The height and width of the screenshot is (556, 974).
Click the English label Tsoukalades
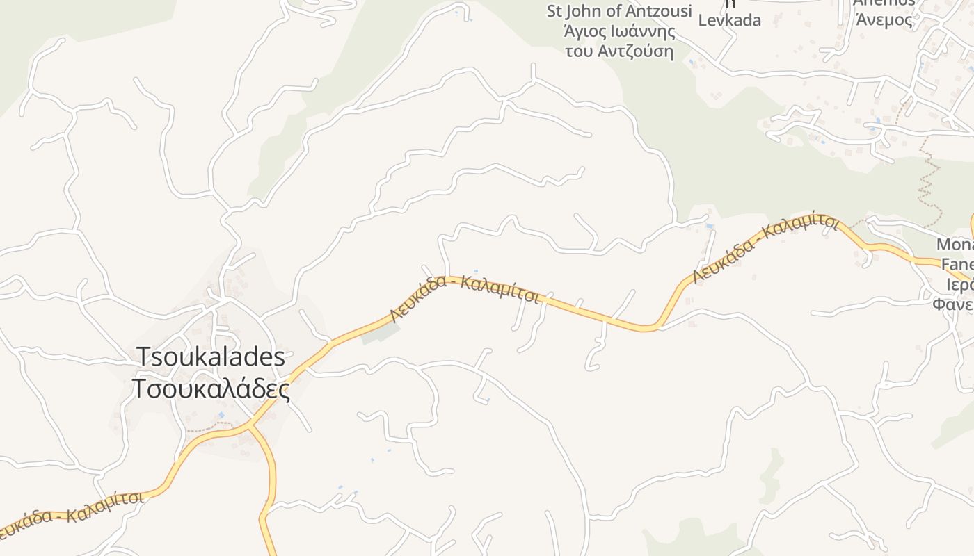tap(211, 357)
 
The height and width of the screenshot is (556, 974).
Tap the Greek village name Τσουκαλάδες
tap(211, 389)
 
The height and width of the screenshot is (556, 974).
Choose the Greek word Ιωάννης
tap(650, 31)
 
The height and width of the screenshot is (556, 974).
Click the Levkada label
tap(729, 20)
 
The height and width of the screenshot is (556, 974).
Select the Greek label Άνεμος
tap(884, 19)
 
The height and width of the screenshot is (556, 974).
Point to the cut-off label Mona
tap(955, 245)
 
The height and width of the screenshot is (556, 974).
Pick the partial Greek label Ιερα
tap(960, 285)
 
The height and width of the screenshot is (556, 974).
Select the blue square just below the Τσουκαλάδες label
tap(221, 415)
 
